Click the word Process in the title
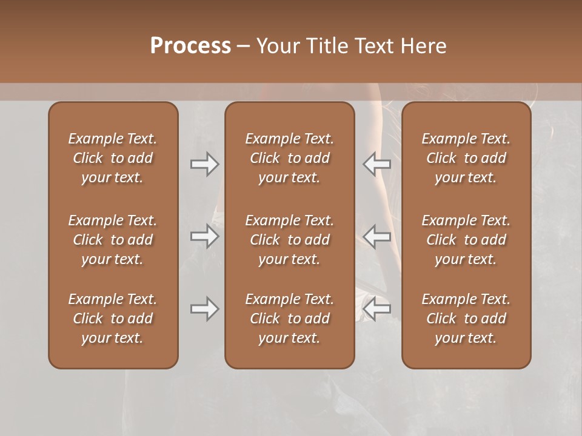click(190, 46)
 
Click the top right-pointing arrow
click(204, 164)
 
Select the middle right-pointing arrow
click(204, 236)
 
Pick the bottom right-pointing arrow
click(204, 309)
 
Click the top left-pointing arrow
click(376, 164)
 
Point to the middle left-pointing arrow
click(376, 236)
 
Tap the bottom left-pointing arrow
click(376, 309)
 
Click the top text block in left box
click(113, 158)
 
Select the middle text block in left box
click(113, 240)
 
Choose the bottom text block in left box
click(113, 319)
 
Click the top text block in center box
click(289, 158)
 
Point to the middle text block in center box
click(289, 240)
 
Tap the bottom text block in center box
click(289, 319)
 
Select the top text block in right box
click(466, 158)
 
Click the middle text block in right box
click(466, 240)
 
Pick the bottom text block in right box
click(466, 319)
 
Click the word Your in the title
click(277, 46)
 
